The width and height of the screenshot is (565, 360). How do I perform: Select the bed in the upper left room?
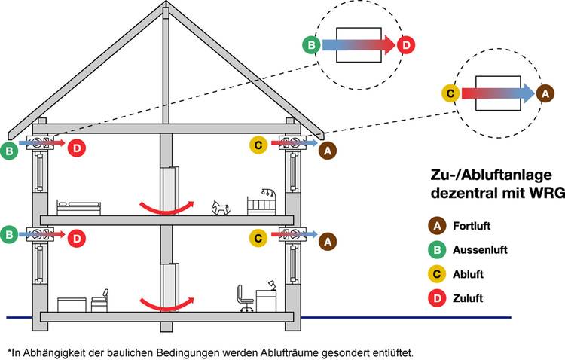pos(78,207)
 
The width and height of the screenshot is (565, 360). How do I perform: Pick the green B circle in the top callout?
pos(310,45)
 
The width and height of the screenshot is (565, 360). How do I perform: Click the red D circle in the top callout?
pos(406,45)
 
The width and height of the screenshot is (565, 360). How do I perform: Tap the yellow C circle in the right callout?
pos(450,94)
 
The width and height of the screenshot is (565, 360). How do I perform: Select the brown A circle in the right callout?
pos(545,93)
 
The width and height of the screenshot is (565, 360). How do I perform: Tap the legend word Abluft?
pos(468,274)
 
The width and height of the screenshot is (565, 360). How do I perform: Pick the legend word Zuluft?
pos(468,299)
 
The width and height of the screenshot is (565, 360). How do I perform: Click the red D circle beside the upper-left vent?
pos(77,148)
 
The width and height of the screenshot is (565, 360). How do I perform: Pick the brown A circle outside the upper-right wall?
pos(326,151)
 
